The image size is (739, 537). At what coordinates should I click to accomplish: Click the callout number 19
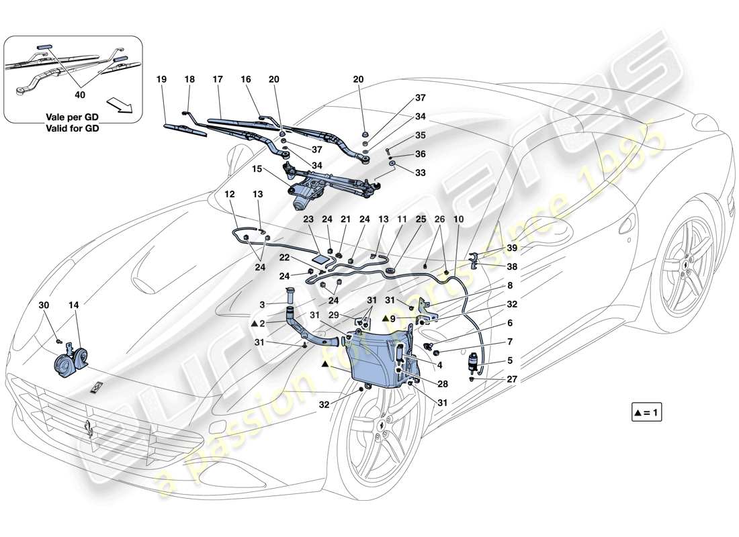pos(161,79)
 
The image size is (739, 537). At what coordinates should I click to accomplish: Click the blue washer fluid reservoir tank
pos(380,356)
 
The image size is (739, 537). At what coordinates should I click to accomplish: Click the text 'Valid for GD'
pos(73,129)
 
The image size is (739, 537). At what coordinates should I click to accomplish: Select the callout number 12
pos(230,194)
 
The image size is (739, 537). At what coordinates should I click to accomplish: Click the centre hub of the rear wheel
pos(685,263)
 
